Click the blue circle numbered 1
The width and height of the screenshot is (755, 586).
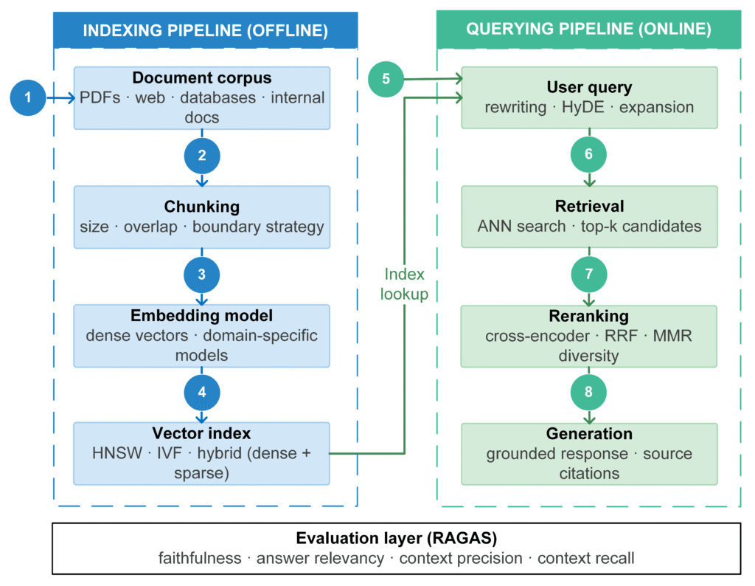coord(28,98)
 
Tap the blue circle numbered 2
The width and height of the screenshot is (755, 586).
coord(202,156)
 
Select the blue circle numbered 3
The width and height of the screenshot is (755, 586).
coord(202,275)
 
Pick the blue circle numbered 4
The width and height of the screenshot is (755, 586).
coord(202,393)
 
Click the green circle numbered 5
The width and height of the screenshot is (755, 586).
coord(386,79)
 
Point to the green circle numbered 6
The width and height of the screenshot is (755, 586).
coord(588,154)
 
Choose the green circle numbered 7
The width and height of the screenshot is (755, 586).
coord(589,275)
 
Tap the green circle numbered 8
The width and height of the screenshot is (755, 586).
coord(588,393)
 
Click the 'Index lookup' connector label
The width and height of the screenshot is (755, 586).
coord(405,284)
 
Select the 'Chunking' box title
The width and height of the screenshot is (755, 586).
coord(202,206)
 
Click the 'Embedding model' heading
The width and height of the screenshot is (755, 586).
coord(202,316)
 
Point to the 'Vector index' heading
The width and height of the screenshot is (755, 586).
coord(202,433)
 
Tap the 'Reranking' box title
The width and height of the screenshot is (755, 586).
coord(589,316)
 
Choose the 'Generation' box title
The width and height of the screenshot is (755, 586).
coord(589,434)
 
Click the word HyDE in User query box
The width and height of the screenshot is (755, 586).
coord(582,107)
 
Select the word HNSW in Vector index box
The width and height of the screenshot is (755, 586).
coord(117,453)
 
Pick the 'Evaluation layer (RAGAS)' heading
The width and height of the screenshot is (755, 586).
coord(396,538)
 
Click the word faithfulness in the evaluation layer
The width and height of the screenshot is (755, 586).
coord(200,558)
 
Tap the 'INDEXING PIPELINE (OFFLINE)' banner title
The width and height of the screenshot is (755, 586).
coord(206,30)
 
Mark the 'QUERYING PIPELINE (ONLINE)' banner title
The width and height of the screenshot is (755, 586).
coord(589,29)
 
